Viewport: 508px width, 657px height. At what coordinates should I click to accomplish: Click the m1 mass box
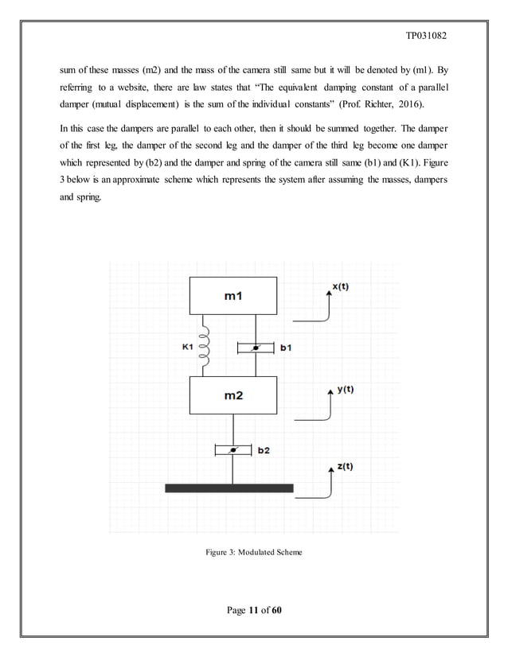[x=233, y=296]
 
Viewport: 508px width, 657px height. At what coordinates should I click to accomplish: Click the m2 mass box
[x=233, y=395]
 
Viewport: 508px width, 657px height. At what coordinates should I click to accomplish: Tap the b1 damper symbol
[x=256, y=347]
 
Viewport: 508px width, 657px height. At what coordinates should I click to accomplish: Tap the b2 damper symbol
[x=233, y=450]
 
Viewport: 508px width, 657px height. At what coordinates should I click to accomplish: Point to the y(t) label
[x=345, y=390]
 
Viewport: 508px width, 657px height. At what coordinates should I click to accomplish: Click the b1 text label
[x=284, y=348]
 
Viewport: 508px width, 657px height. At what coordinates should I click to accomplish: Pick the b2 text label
[x=263, y=450]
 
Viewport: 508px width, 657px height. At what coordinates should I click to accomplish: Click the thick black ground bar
[x=229, y=488]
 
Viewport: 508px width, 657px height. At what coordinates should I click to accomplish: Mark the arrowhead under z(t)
[x=330, y=472]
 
